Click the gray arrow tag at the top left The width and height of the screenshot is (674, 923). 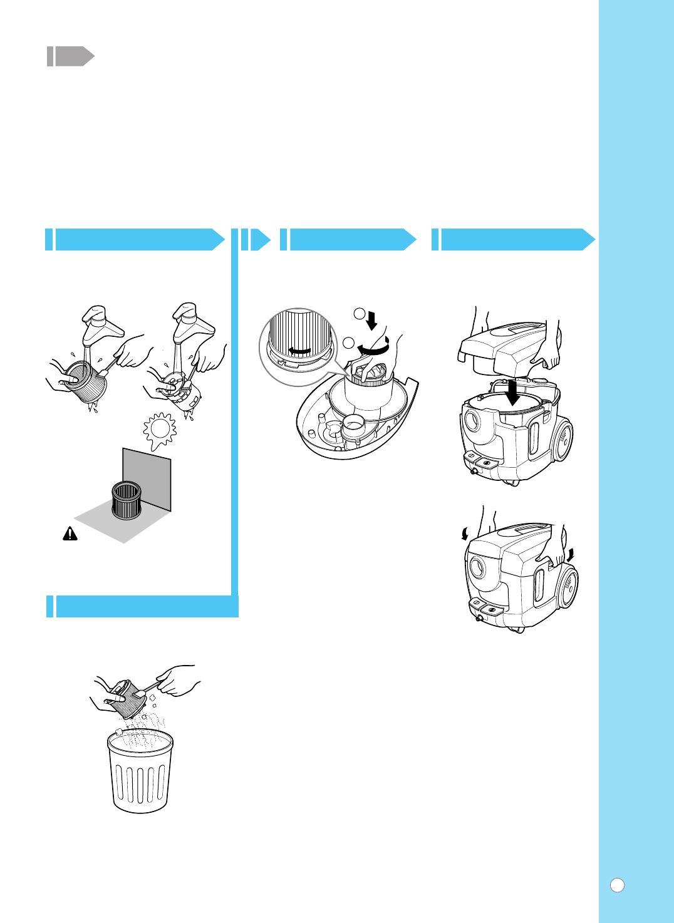coord(70,56)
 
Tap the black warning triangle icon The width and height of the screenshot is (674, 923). coord(70,534)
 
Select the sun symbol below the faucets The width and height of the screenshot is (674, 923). coord(160,430)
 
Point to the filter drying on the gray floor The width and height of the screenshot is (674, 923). coord(127,500)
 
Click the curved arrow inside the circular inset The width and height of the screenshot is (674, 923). coord(299,350)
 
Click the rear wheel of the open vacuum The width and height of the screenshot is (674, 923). coord(563,441)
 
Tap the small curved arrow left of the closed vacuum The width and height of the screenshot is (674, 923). coord(464,533)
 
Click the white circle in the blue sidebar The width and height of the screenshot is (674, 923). coord(617,885)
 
